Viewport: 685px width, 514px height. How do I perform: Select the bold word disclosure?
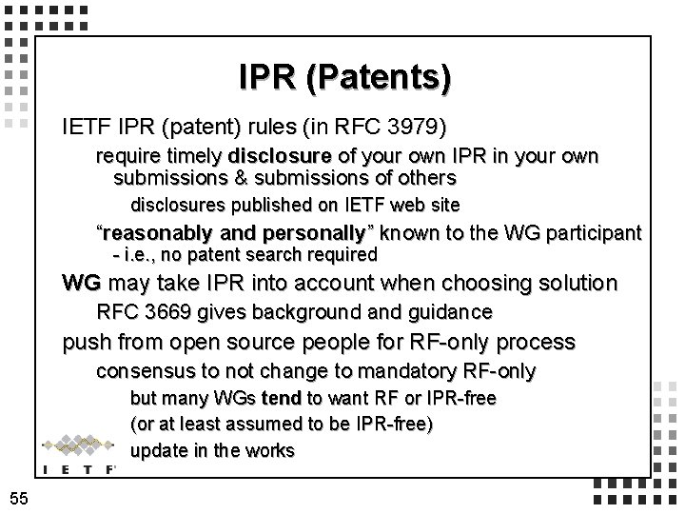278,156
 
